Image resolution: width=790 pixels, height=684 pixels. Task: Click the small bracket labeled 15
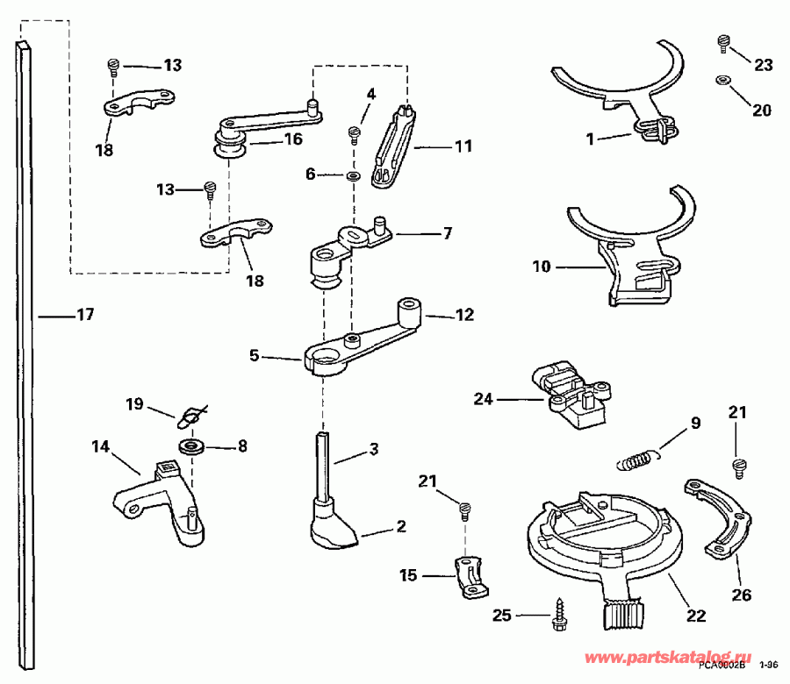pos(470,576)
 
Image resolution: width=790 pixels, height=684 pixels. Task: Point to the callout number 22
pos(695,616)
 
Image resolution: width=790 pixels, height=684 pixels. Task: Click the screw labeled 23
pos(724,41)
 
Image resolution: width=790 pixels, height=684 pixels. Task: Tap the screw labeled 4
pos(355,133)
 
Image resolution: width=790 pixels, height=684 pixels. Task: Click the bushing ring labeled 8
pos(191,445)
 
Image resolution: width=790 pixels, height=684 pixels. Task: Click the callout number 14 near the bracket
pos(99,446)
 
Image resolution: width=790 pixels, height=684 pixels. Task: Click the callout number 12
pos(466,313)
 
